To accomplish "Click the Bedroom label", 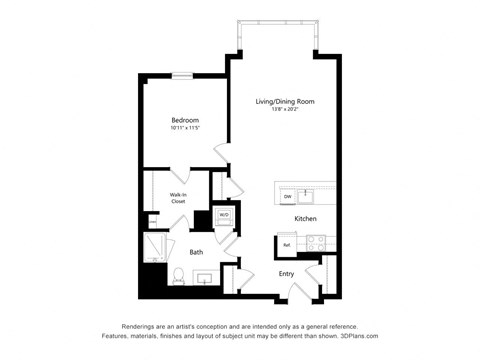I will coord(185,119).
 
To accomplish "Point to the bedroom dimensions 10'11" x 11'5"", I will coord(185,128).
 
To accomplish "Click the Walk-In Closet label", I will coord(178,198).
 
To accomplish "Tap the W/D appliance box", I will coord(225,215).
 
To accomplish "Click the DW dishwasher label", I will coord(287,195).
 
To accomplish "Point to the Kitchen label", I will coord(305,218).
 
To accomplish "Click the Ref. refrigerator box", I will coord(287,244).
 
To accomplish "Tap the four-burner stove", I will coord(316,242).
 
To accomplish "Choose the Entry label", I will coord(286,273).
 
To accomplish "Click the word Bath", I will coord(197,252).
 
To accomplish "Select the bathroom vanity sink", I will coord(205,277).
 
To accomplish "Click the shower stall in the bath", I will coord(156,248).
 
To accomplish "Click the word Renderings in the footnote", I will coord(144,327).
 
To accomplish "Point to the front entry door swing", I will coord(300,291).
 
